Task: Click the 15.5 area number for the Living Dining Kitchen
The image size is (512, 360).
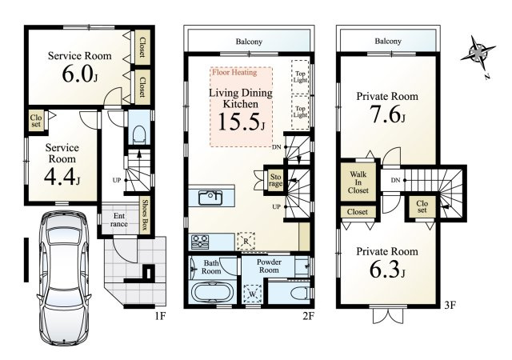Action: coord(241,122)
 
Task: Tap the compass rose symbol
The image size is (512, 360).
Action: coord(478,53)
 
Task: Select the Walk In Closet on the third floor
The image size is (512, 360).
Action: coord(358,182)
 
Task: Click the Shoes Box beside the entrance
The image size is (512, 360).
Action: coord(145,214)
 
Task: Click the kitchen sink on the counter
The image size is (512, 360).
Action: coord(210,198)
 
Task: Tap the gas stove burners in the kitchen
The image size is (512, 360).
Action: coord(200,242)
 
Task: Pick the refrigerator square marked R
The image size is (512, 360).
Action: coord(246,241)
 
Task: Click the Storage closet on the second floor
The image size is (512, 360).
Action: coord(275,181)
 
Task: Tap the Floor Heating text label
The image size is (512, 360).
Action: coord(234,72)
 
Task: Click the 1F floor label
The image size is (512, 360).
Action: coord(160,316)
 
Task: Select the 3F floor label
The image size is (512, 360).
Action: coord(450,306)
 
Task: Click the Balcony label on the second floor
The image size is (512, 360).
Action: coord(249,42)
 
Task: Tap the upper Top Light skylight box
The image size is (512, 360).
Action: coord(300,77)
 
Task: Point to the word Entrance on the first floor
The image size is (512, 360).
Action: coord(119,220)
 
